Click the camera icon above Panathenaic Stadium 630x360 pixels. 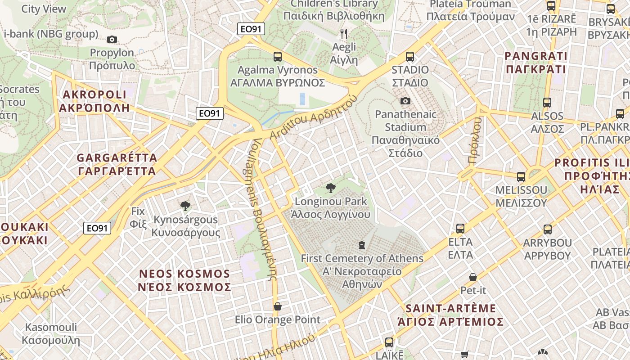tap(405, 101)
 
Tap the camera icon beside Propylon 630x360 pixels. tap(112, 40)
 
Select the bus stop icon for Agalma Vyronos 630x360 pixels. tap(278, 57)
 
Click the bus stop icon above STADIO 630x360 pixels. tap(410, 57)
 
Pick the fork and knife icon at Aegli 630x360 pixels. tap(344, 33)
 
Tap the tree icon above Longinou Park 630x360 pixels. tap(331, 188)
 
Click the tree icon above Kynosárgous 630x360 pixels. tap(185, 207)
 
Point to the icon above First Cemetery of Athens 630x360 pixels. tap(361, 245)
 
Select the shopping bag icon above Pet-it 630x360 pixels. tap(473, 277)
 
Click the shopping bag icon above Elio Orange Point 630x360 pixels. tap(278, 306)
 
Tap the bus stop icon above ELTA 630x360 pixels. tap(460, 229)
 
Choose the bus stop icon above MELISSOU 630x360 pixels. tap(521, 177)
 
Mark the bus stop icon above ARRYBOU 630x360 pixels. tap(548, 229)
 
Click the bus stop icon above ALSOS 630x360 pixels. tap(547, 103)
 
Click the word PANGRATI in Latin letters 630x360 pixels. tap(536, 56)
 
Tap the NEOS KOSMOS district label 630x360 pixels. tap(184, 274)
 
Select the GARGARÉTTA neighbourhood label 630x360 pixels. tap(117, 158)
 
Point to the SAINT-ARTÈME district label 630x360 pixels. tap(450, 309)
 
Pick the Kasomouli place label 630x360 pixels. tap(51, 327)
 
